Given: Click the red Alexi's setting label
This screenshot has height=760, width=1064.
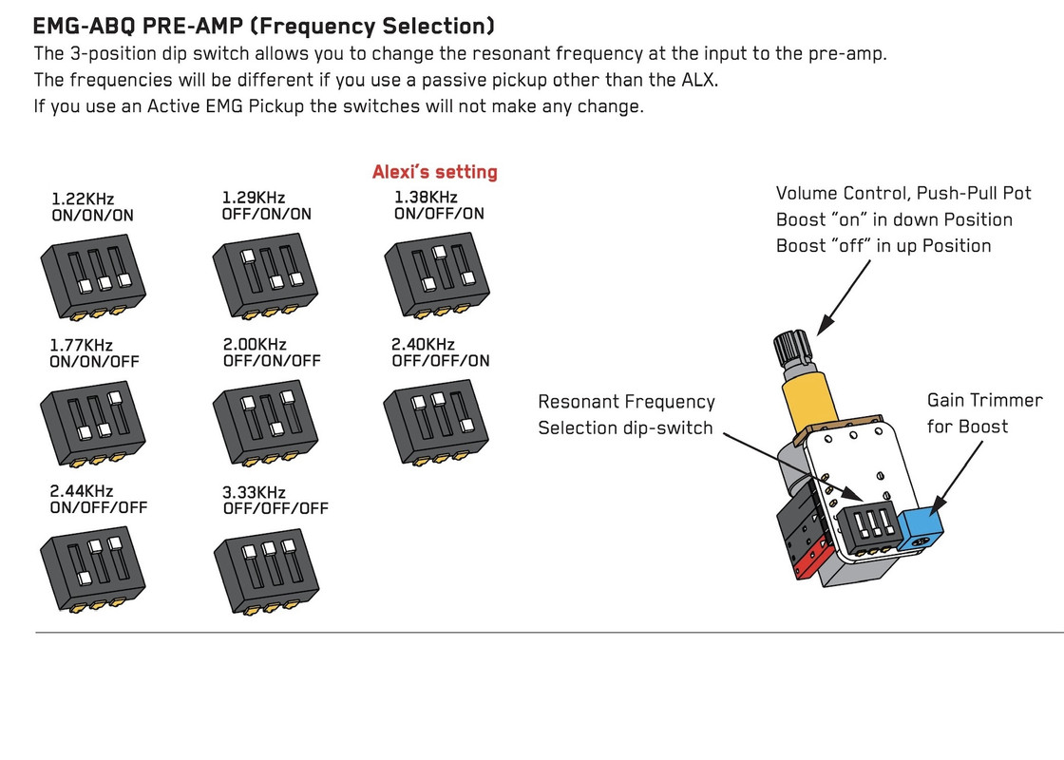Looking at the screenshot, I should [x=434, y=172].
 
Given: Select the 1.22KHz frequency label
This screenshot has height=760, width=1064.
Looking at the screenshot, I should [x=83, y=199].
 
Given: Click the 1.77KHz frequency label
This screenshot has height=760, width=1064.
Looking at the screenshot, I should [x=83, y=345].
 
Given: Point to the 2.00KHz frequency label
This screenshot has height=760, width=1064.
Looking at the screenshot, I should [x=255, y=344].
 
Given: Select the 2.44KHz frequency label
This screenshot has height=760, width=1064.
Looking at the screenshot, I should [x=82, y=491].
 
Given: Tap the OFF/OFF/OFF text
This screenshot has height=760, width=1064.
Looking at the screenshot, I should [x=275, y=508].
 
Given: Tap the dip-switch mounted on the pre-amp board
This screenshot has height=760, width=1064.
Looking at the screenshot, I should [x=865, y=527].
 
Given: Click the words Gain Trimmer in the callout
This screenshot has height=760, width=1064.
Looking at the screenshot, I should [x=984, y=401].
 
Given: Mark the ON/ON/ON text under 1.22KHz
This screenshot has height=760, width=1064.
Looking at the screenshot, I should [x=91, y=216].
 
